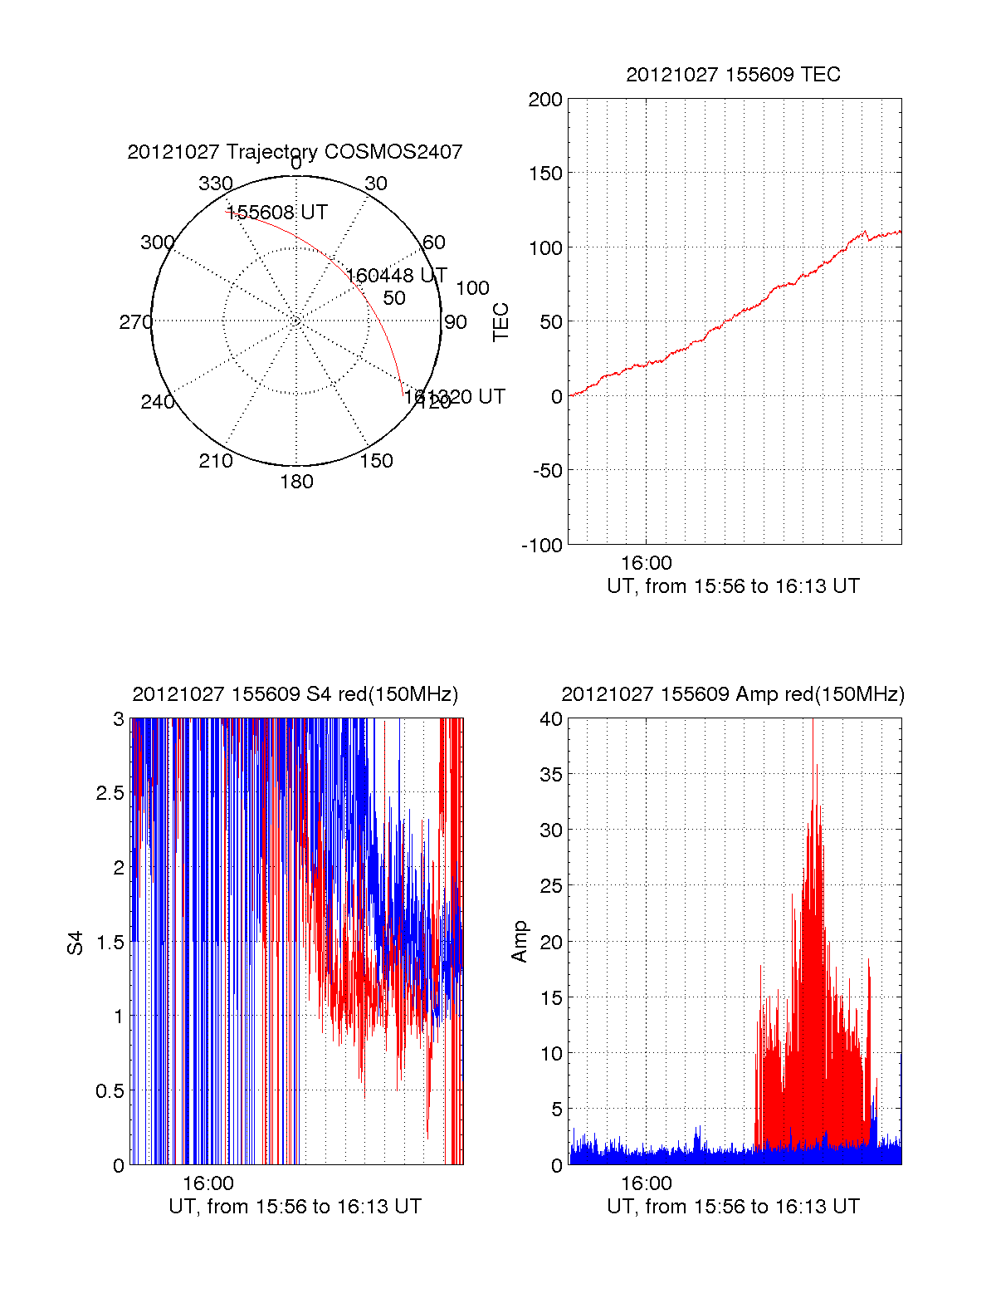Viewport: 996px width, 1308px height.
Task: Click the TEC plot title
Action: click(x=733, y=75)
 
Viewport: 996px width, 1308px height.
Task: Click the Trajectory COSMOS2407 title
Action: click(x=295, y=152)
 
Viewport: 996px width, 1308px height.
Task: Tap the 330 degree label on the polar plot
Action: click(x=216, y=184)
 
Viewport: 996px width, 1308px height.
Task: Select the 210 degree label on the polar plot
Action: click(x=216, y=461)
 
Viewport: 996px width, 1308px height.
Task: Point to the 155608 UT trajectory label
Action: click(x=277, y=213)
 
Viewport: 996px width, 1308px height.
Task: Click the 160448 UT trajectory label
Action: click(x=396, y=276)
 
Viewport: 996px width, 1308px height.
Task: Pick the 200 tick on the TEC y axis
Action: click(x=545, y=100)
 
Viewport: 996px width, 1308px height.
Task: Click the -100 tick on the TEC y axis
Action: click(x=542, y=546)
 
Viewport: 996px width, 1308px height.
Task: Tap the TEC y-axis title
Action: click(x=500, y=322)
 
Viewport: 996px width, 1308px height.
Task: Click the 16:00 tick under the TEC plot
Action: click(x=647, y=564)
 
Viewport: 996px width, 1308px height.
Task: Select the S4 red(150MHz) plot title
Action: click(x=295, y=694)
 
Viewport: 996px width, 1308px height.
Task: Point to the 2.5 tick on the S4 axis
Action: click(x=110, y=793)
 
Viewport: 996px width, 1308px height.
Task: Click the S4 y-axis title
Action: click(x=76, y=943)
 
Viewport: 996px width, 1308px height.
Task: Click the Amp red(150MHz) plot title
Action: click(x=733, y=694)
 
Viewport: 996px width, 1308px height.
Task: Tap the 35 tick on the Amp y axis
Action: click(x=551, y=775)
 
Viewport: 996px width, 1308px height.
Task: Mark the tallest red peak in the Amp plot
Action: click(x=816, y=765)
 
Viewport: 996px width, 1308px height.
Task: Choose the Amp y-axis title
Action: click(x=520, y=942)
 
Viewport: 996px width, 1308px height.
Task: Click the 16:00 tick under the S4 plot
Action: click(x=208, y=1183)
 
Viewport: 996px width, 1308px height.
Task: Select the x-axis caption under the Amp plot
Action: click(x=733, y=1207)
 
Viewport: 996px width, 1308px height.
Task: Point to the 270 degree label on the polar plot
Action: click(x=136, y=322)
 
